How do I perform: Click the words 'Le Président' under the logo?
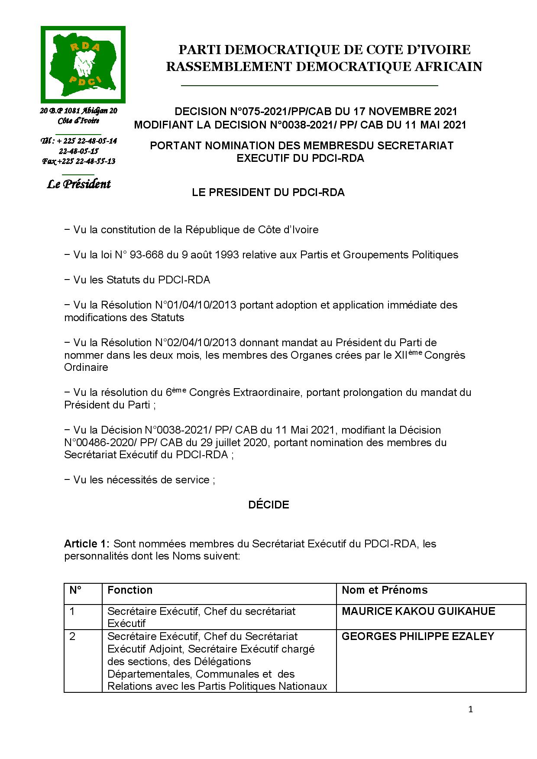pyautogui.click(x=79, y=184)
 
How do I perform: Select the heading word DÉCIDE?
pyautogui.click(x=268, y=505)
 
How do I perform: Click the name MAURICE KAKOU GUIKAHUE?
pyautogui.click(x=418, y=611)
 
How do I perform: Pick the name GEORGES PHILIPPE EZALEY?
pyautogui.click(x=418, y=636)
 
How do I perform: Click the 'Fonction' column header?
pyautogui.click(x=130, y=590)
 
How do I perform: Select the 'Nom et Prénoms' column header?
pyautogui.click(x=385, y=590)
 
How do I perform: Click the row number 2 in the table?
pyautogui.click(x=73, y=637)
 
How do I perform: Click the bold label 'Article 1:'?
pyautogui.click(x=87, y=544)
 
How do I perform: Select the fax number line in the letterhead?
pyautogui.click(x=79, y=161)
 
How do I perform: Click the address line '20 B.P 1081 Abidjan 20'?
pyautogui.click(x=79, y=111)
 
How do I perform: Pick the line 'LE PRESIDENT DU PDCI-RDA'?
pyautogui.click(x=268, y=193)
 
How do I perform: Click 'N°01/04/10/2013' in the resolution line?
pyautogui.click(x=195, y=305)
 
